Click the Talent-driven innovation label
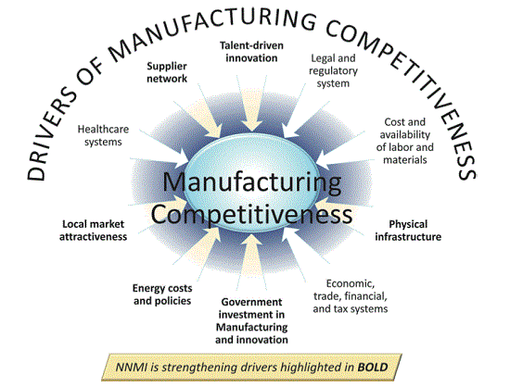click(x=251, y=52)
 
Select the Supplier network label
click(x=167, y=72)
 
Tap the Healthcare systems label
click(x=103, y=135)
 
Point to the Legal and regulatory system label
click(x=333, y=70)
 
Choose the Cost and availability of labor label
click(x=405, y=141)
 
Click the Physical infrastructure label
click(x=408, y=231)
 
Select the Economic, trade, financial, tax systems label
click(x=351, y=295)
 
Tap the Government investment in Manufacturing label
click(x=251, y=320)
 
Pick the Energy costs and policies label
click(x=162, y=294)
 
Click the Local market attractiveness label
click(x=93, y=231)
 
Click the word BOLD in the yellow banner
click(x=373, y=368)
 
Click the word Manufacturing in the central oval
click(x=252, y=182)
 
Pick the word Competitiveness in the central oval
click(x=251, y=215)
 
